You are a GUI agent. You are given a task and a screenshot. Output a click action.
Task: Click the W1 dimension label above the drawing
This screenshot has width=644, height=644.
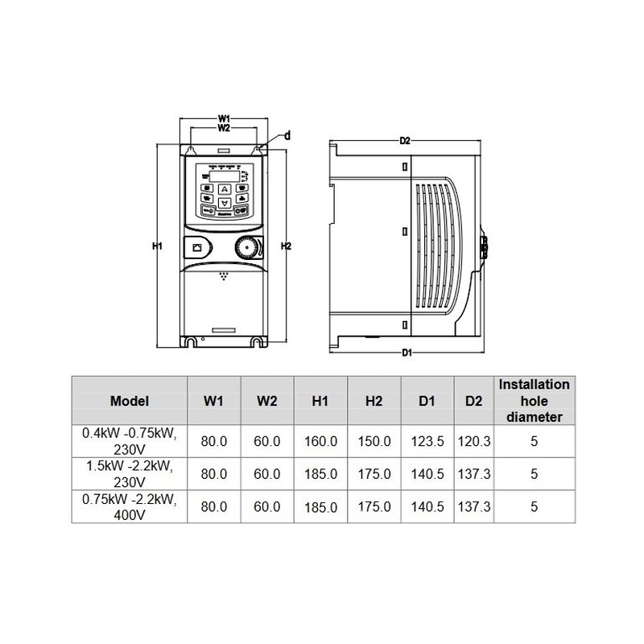click(x=224, y=118)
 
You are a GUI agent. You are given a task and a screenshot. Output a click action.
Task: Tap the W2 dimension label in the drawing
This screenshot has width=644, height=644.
click(x=224, y=128)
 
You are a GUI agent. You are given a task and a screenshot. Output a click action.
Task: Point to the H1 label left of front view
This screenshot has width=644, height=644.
click(x=159, y=246)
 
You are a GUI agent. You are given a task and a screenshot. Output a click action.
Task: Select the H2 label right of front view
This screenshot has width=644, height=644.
click(x=284, y=246)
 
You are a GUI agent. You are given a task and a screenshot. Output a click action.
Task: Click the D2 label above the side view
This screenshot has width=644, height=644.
click(x=406, y=142)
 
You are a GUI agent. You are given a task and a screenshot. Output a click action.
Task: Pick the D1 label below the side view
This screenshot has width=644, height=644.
click(x=407, y=353)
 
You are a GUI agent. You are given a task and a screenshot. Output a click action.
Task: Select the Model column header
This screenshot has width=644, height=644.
click(x=130, y=401)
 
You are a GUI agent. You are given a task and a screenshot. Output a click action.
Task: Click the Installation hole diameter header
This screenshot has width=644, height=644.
click(x=535, y=401)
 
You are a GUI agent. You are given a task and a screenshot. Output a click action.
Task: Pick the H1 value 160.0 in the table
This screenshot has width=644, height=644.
click(x=322, y=441)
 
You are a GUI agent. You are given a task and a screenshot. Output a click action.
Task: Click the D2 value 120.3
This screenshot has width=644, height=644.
click(x=474, y=441)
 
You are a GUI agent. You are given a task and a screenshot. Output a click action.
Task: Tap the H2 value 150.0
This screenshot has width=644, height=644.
click(x=374, y=441)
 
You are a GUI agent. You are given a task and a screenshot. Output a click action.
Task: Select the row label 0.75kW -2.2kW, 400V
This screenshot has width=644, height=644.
click(x=130, y=507)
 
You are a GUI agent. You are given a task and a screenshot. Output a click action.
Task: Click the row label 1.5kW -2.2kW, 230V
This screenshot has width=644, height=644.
click(x=130, y=474)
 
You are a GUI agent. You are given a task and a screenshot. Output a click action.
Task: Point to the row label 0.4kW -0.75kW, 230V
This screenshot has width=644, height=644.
click(x=130, y=441)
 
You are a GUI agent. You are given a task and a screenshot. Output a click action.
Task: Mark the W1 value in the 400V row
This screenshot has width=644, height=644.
click(x=213, y=507)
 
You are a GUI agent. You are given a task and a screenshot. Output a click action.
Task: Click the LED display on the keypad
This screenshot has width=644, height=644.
click(x=225, y=176)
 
